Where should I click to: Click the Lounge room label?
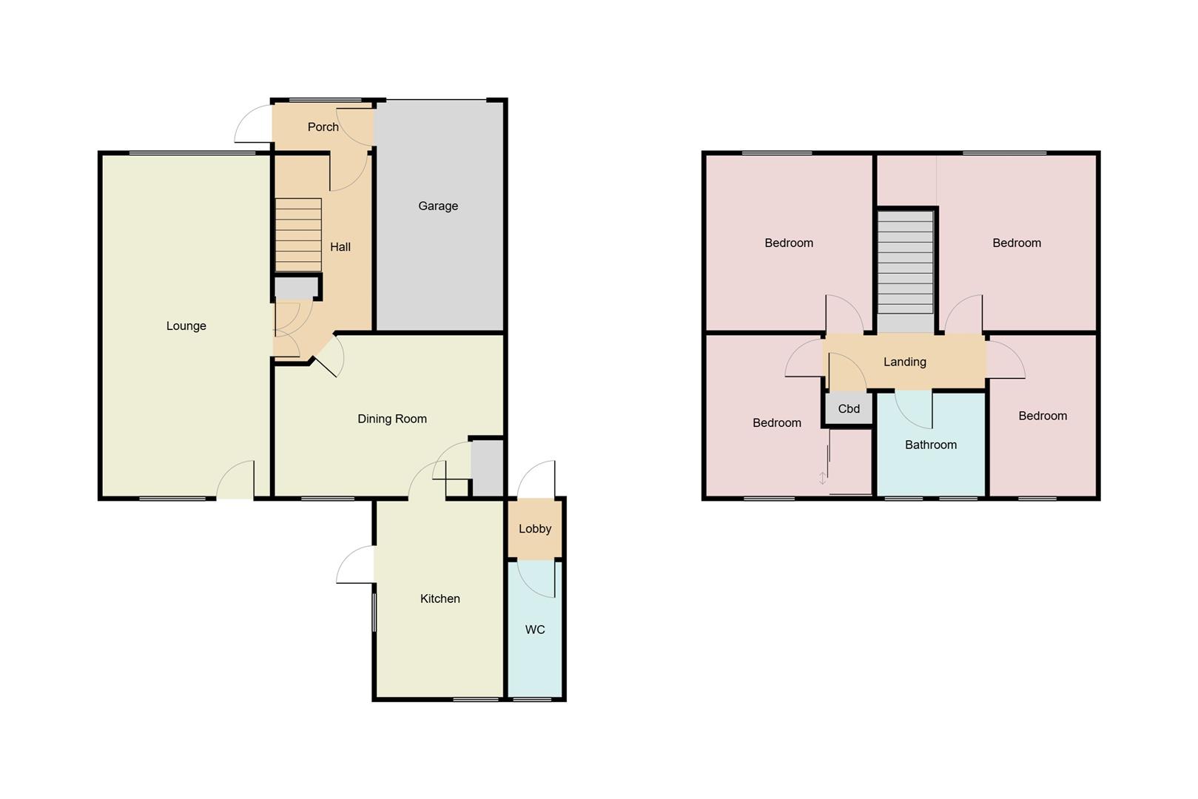(186, 326)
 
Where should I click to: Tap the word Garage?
(438, 206)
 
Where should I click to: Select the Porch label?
(323, 127)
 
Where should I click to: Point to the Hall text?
(340, 247)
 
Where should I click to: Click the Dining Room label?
(392, 419)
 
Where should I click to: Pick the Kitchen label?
(440, 599)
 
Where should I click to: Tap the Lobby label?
(535, 529)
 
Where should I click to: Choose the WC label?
(535, 630)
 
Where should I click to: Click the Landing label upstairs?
(905, 363)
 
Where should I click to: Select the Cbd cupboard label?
(849, 409)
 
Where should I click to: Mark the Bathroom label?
(931, 445)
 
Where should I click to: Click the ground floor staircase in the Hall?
(299, 235)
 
